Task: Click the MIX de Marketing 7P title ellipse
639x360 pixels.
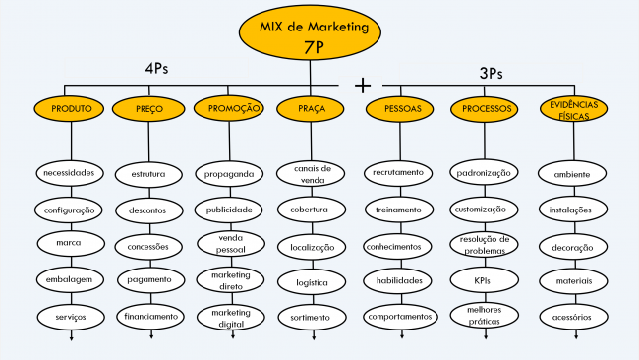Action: click(308, 37)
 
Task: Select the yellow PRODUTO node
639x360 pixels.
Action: click(69, 108)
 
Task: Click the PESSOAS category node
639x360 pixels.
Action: click(399, 108)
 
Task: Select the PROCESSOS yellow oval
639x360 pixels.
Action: click(483, 108)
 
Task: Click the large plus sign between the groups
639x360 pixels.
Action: click(363, 85)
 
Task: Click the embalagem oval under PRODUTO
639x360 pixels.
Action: click(69, 279)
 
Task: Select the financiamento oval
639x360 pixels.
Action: click(150, 317)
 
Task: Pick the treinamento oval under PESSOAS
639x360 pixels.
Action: click(399, 210)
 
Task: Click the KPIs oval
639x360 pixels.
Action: click(483, 280)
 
